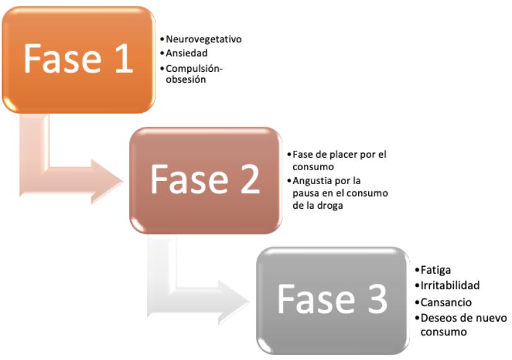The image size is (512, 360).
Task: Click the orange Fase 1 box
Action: pyautogui.click(x=78, y=59)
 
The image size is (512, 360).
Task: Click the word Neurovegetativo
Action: pyautogui.click(x=204, y=40)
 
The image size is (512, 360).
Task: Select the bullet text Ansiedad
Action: pyautogui.click(x=187, y=54)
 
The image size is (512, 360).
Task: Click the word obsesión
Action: pyautogui.click(x=186, y=79)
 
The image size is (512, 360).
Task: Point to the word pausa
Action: pyautogui.click(x=306, y=192)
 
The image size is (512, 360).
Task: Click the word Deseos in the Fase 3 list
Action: pyautogui.click(x=434, y=318)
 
